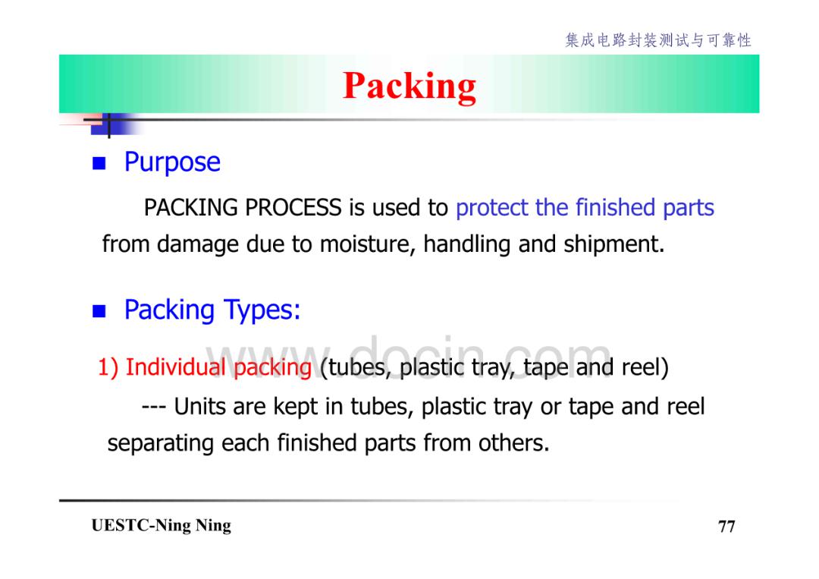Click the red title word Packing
(409, 86)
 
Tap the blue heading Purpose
(172, 162)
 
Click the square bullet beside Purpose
(99, 164)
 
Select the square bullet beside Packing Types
(99, 311)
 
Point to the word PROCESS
(293, 207)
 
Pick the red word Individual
(175, 367)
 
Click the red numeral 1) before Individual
(108, 367)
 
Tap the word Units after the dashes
(200, 407)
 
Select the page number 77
(726, 526)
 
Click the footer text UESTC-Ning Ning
(162, 526)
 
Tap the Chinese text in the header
(658, 40)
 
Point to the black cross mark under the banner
(108, 124)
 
